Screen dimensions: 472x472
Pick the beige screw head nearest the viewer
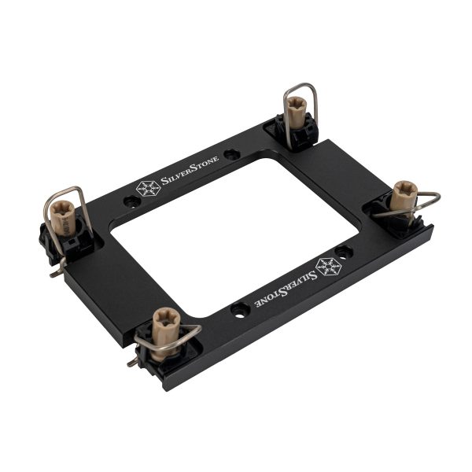coord(166,322)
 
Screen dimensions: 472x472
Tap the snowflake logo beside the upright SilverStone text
coord(147,189)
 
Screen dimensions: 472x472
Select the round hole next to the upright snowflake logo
coord(132,201)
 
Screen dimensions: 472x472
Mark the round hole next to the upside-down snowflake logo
coord(344,252)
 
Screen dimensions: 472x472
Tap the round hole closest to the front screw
coord(238,308)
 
